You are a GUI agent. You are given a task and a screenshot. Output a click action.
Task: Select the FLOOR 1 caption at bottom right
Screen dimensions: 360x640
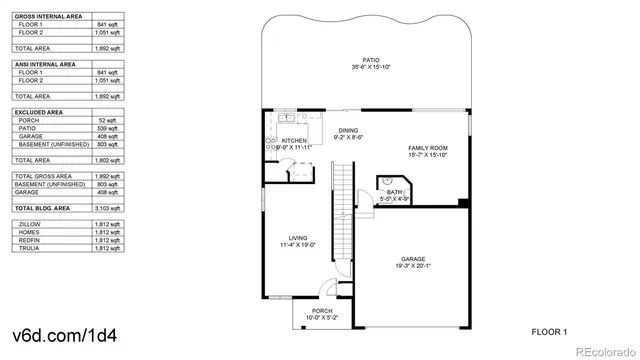point(549,330)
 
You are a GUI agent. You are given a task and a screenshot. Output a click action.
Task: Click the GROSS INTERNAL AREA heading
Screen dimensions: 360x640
point(48,17)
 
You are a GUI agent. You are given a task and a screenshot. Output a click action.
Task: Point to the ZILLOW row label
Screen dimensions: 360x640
point(29,225)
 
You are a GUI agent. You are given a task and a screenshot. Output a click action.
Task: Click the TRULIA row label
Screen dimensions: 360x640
point(29,248)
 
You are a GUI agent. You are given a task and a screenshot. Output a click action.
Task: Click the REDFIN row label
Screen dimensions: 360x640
point(29,241)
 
